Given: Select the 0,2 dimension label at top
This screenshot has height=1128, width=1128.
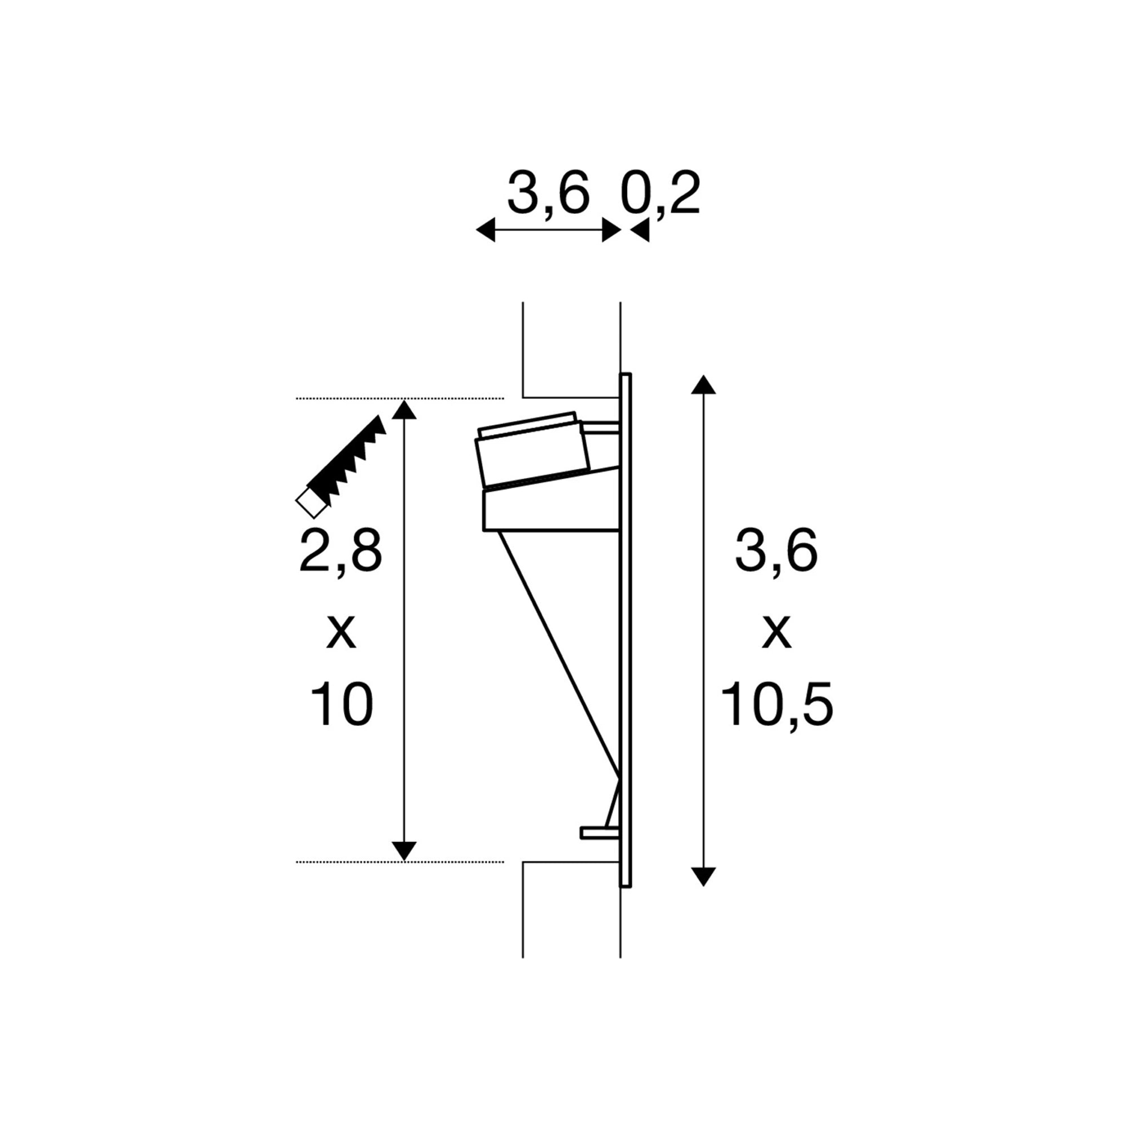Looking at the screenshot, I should pos(660,195).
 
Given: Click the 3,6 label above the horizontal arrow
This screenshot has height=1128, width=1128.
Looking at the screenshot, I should pos(548,195).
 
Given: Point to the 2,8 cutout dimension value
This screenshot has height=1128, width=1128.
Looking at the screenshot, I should pos(341,551).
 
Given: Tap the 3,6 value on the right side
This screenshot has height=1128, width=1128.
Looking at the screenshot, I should pos(776,551).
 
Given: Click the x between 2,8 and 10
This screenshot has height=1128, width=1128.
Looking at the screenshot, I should pos(342,632).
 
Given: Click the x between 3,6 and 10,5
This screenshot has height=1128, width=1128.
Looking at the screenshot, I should pos(777,632).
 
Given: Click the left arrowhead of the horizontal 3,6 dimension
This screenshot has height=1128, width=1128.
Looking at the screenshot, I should pos(486,230).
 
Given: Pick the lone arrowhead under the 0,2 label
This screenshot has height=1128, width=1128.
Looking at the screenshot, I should pos(640,231).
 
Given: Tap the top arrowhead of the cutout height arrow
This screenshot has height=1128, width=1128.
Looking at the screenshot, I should pos(404,410).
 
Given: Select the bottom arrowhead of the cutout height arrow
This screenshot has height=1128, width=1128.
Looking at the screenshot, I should pos(404,851).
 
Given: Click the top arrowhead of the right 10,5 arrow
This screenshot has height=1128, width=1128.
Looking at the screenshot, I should pos(703,385).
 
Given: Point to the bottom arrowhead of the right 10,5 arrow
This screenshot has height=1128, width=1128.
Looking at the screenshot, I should pos(703,876).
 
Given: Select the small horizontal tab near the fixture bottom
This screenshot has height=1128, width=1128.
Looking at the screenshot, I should pos(598,833).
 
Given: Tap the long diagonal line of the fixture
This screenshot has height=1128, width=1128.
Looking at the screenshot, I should pos(558,654).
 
